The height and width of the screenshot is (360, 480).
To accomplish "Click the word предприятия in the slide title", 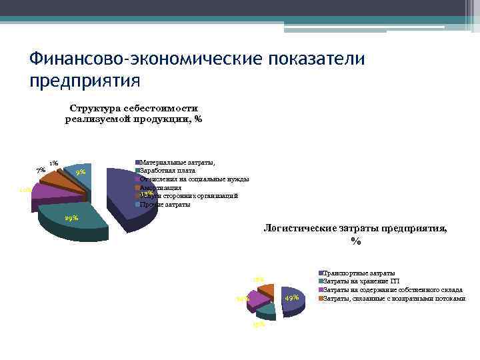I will click(x=85, y=81).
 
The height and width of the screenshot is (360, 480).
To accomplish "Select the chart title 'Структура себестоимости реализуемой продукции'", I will click(x=133, y=113).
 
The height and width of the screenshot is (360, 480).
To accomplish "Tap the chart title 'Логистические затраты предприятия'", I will click(x=355, y=234).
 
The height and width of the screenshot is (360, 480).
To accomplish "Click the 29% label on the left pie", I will click(x=71, y=218).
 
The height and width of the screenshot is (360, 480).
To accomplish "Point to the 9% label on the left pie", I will click(x=81, y=173).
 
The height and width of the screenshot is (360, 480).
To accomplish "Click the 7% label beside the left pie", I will click(x=41, y=170).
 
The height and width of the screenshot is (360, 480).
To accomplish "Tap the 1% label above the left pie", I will click(x=54, y=163).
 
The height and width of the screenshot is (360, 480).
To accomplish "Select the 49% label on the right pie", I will click(x=291, y=297).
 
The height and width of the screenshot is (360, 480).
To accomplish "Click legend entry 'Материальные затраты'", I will click(x=177, y=163).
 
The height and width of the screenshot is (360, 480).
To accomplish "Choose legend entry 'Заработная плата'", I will click(x=167, y=171).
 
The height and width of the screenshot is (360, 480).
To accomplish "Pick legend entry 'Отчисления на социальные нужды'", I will click(x=194, y=179).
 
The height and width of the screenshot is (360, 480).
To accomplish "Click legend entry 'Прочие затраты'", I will click(x=165, y=204).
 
